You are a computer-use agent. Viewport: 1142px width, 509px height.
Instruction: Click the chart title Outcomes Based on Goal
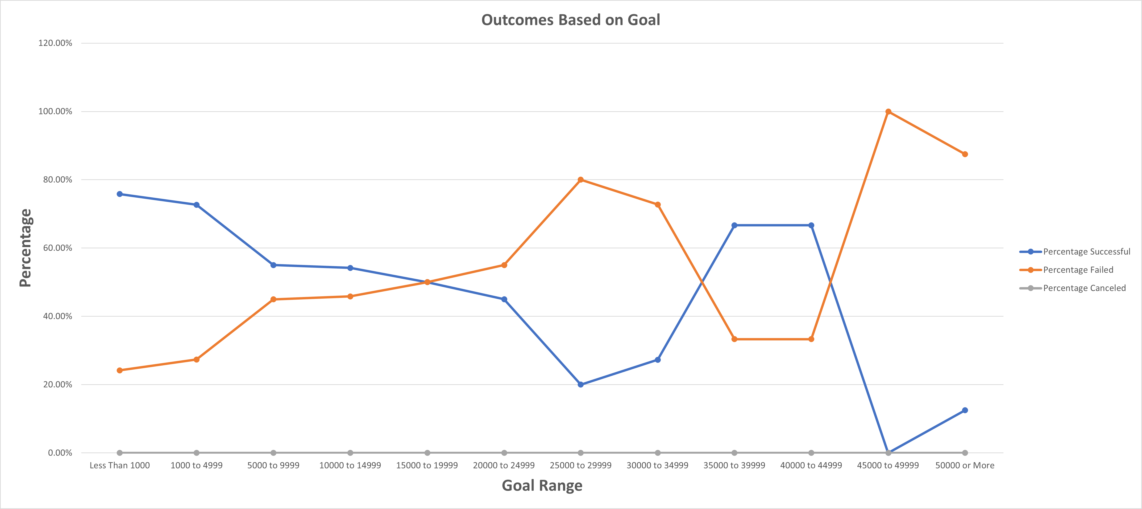(x=571, y=20)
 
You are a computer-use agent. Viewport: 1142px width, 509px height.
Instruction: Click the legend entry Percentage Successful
(x=1086, y=252)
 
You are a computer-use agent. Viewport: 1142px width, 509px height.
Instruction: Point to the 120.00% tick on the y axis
(x=55, y=43)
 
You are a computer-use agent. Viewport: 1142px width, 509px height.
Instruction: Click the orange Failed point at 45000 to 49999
(x=888, y=112)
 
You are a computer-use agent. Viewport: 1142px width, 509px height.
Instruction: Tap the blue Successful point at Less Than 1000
(x=120, y=194)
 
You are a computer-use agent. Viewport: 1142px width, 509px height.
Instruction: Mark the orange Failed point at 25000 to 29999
(x=581, y=180)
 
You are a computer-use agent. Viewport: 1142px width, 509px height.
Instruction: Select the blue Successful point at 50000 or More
(x=965, y=410)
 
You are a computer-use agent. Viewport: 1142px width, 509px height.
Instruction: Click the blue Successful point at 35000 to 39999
(x=734, y=225)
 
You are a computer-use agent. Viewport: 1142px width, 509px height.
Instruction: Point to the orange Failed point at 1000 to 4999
(x=196, y=360)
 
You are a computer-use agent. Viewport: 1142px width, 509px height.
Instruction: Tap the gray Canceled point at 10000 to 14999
(x=350, y=453)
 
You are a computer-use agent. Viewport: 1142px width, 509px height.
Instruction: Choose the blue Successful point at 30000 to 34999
(x=657, y=360)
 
